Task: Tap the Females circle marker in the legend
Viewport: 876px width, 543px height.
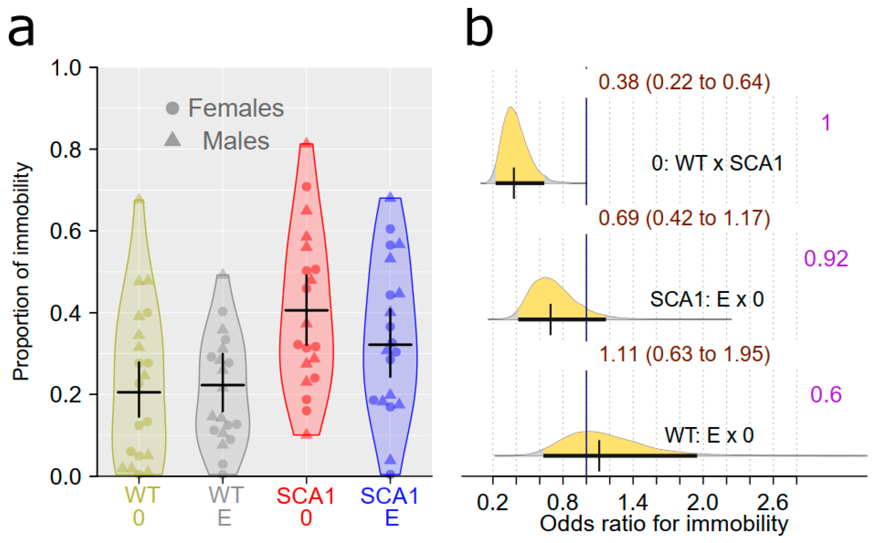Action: click(x=172, y=108)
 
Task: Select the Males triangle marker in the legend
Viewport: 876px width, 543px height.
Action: click(x=173, y=139)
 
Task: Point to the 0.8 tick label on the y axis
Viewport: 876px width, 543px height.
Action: click(x=66, y=149)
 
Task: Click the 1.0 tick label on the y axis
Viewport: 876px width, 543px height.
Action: click(x=66, y=67)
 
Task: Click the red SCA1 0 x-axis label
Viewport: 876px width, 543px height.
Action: click(x=306, y=507)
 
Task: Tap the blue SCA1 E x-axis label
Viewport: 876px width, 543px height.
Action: click(x=390, y=507)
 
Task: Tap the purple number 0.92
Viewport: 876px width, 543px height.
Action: click(x=826, y=258)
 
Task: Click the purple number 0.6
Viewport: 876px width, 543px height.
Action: click(x=826, y=394)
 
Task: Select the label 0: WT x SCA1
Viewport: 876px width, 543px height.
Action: click(x=717, y=163)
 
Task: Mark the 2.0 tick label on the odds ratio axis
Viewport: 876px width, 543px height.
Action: click(x=702, y=502)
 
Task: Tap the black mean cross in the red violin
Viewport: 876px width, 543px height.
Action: click(x=306, y=310)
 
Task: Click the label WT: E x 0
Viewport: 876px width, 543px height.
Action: click(x=709, y=435)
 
